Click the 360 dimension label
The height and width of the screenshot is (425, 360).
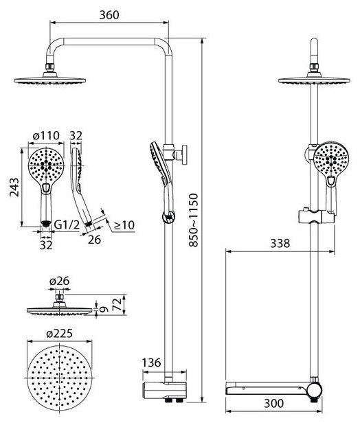[109, 15]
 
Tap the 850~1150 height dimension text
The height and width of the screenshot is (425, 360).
[194, 220]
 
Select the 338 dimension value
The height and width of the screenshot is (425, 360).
[280, 244]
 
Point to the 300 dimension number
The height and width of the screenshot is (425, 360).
[273, 403]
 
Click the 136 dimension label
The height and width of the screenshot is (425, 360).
[152, 363]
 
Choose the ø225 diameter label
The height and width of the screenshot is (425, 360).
[59, 333]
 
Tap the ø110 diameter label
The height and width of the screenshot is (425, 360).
[46, 135]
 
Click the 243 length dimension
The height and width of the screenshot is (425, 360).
[14, 187]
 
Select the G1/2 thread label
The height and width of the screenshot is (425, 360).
[67, 225]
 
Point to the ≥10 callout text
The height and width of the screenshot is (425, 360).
[124, 225]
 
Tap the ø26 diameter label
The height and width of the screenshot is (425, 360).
[59, 281]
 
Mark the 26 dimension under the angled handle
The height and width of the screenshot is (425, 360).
[94, 240]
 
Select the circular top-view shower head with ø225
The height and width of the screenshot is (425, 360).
[59, 378]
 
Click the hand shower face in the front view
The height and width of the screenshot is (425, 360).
[331, 160]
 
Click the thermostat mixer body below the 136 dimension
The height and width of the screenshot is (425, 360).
[164, 389]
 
